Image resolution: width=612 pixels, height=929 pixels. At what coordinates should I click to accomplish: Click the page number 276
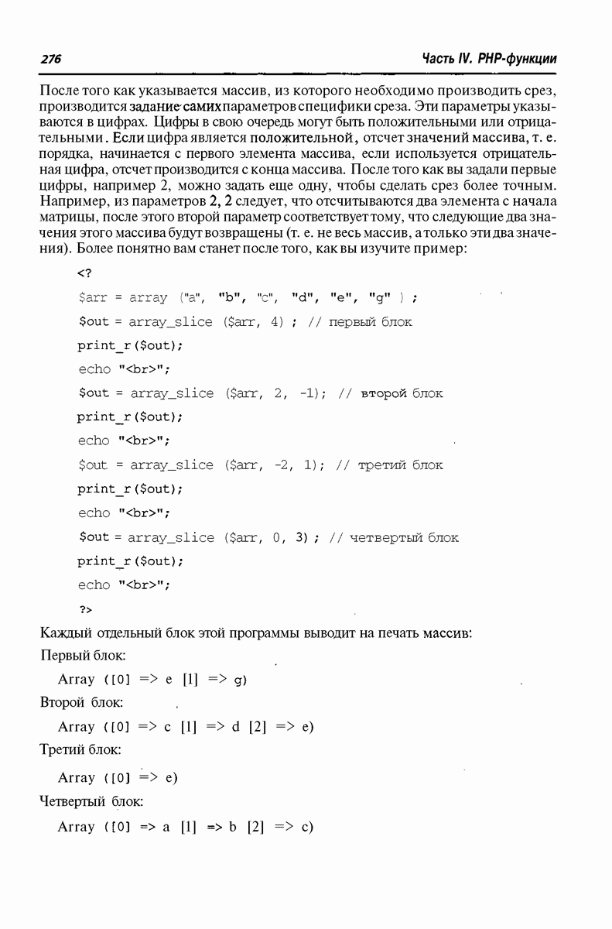coord(50,60)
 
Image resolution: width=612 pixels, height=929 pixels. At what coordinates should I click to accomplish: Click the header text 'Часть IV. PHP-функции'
coord(490,60)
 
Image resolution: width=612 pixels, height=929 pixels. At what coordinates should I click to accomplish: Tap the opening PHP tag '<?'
coord(85,273)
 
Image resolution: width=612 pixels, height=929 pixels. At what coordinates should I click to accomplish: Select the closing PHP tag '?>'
coord(85,609)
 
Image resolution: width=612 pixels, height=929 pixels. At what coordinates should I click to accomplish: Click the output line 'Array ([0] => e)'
coord(118,777)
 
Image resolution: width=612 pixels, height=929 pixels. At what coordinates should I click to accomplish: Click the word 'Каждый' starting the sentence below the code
coord(62,633)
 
